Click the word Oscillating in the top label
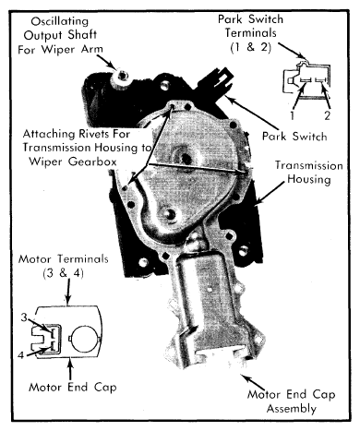point(60,21)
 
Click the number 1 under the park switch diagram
point(293,115)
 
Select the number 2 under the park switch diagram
point(327,115)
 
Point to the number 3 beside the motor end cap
point(25,317)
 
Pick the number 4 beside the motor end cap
point(21,355)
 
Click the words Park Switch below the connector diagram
point(294,136)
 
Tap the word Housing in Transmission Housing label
point(309,179)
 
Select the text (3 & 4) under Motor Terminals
point(64,273)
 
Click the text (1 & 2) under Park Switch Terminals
point(251,47)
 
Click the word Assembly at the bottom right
point(291,409)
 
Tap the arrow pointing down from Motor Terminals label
point(68,292)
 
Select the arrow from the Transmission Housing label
point(270,193)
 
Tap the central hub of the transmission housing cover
point(186,158)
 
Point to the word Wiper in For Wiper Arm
point(59,49)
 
